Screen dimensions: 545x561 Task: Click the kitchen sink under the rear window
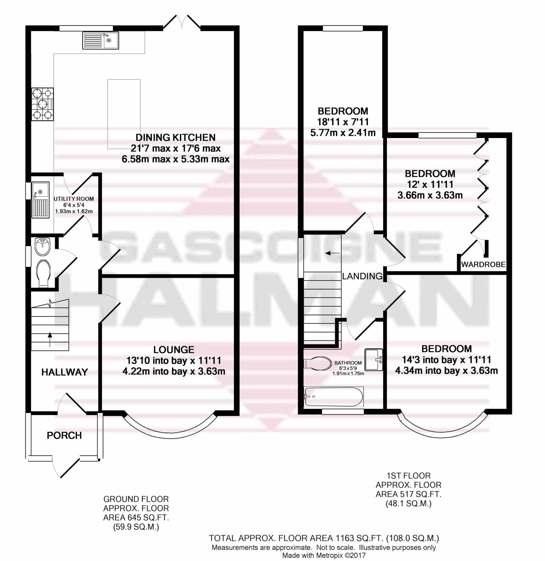[100, 40]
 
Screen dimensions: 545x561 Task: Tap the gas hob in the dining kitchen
[43, 104]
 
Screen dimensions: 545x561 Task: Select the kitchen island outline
[124, 114]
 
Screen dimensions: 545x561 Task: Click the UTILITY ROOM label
[74, 199]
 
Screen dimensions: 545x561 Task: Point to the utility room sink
[40, 200]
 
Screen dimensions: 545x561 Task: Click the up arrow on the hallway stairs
[50, 339]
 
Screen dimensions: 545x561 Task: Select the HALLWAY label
[65, 372]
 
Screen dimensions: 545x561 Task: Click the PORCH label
[64, 436]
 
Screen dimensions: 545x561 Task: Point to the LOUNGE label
[174, 350]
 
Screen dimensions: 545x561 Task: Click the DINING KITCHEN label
[175, 137]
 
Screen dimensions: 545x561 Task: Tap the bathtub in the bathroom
[334, 396]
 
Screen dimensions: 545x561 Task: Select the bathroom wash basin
[374, 359]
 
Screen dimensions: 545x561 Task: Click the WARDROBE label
[483, 264]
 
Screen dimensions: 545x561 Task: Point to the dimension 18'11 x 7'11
[343, 122]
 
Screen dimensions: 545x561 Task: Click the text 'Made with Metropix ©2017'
[324, 556]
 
